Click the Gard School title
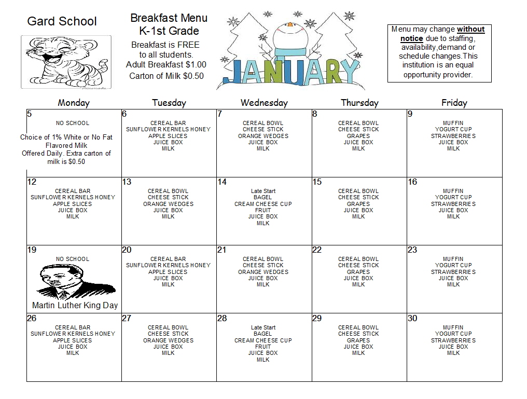(62, 21)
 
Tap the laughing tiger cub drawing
(66, 61)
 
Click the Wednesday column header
(263, 103)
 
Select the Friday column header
(454, 103)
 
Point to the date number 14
(222, 182)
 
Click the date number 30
(412, 318)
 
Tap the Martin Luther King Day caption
(75, 305)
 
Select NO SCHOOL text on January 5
(73, 123)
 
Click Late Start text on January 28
(263, 327)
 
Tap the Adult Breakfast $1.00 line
(166, 65)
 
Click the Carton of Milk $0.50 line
(166, 76)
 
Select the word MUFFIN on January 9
(453, 123)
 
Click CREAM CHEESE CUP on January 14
(263, 204)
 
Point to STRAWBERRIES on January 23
(453, 272)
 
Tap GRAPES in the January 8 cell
(358, 136)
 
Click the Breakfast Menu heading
(169, 18)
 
